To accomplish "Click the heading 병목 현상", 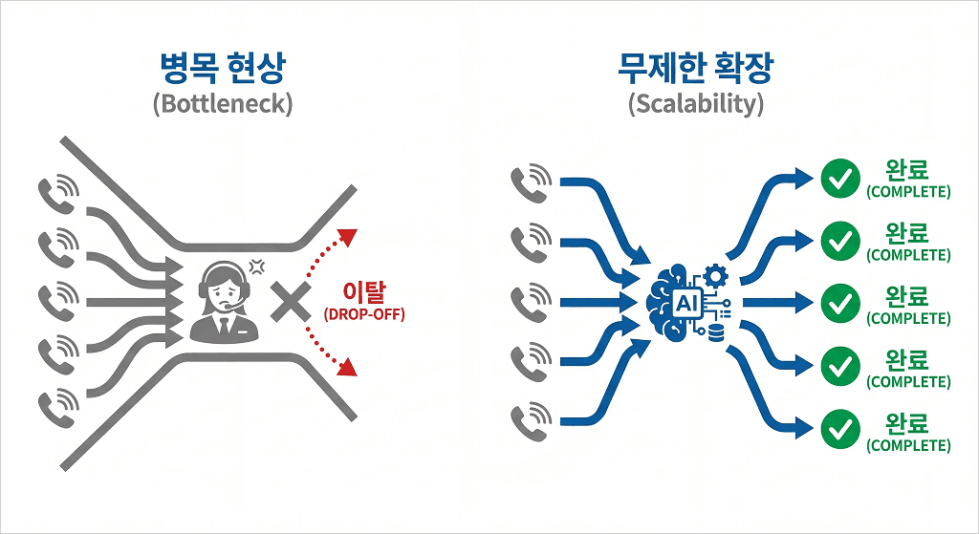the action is (x=222, y=69).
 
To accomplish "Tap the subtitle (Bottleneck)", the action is (x=222, y=103).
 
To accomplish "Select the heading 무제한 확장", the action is (x=696, y=69).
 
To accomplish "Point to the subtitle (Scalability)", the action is (x=696, y=103).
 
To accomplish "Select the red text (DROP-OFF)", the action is (x=363, y=314).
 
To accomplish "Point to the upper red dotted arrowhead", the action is (x=350, y=235).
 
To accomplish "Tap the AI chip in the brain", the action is (x=686, y=303).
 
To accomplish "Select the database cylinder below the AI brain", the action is (x=715, y=331).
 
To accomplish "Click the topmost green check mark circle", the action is (x=840, y=179).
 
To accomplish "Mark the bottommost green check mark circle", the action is (x=840, y=429).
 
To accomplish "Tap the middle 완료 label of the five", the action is (x=907, y=296).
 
